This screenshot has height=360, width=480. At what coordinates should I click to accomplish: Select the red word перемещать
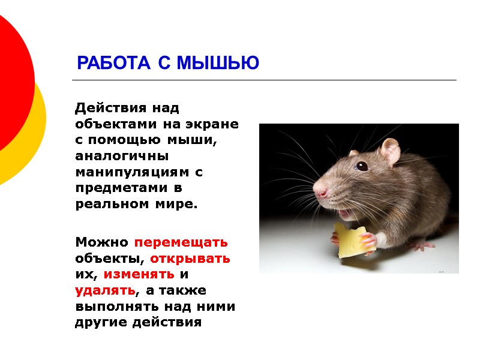[181, 243]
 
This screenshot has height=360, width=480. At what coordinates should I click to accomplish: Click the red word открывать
[190, 259]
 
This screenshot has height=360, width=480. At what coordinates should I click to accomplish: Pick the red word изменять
[139, 275]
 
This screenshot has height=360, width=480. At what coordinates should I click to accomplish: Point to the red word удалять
[105, 291]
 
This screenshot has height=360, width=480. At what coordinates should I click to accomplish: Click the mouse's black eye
[362, 166]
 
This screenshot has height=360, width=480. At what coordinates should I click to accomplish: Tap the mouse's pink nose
[322, 193]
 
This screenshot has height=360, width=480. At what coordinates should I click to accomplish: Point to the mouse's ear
[390, 150]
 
